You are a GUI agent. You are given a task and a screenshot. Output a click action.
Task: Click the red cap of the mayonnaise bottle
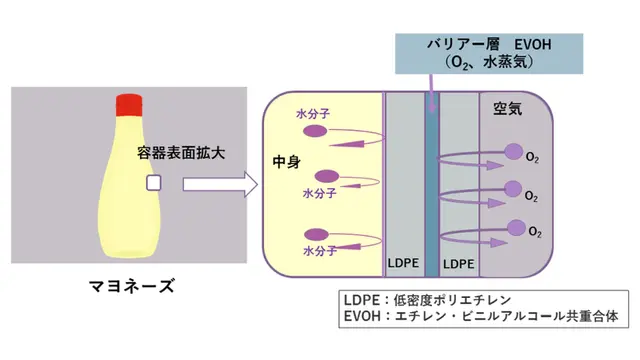pyautogui.click(x=129, y=105)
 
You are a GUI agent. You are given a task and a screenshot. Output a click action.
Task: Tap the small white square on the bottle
pyautogui.click(x=154, y=183)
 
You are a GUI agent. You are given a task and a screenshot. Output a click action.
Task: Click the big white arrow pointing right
pyautogui.click(x=220, y=184)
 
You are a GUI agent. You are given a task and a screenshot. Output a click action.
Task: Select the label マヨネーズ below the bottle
pyautogui.click(x=131, y=286)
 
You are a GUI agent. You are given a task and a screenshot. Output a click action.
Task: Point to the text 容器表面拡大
pyautogui.click(x=181, y=153)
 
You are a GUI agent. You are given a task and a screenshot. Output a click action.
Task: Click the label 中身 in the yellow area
pyautogui.click(x=287, y=162)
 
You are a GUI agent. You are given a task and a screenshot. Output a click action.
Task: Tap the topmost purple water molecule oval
pyautogui.click(x=315, y=131)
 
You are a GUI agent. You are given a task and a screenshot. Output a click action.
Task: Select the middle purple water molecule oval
pyautogui.click(x=327, y=176)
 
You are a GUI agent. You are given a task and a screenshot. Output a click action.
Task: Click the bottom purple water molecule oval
pyautogui.click(x=316, y=235)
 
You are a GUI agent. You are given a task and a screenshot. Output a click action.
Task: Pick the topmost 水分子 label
pyautogui.click(x=313, y=114)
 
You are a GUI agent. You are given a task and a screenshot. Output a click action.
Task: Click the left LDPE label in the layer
pyautogui.click(x=403, y=263)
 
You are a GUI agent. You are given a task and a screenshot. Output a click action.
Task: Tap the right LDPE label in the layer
pyautogui.click(x=459, y=264)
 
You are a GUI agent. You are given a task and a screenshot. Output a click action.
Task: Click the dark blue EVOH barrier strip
pyautogui.click(x=432, y=184)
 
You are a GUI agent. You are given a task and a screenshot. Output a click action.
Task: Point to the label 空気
pyautogui.click(x=508, y=109)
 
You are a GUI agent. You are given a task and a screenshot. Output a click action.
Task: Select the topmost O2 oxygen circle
pyautogui.click(x=513, y=152)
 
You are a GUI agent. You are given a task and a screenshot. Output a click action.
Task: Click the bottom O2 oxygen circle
pyautogui.click(x=516, y=228)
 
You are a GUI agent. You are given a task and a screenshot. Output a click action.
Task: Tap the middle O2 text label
pyautogui.click(x=531, y=196)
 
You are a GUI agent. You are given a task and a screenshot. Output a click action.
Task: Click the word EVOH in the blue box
pyautogui.click(x=533, y=44)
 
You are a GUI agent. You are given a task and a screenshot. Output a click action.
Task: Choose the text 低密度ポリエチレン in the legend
pyautogui.click(x=452, y=300)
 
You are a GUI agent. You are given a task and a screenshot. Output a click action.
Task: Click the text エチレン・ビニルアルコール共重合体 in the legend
pyautogui.click(x=507, y=316)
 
